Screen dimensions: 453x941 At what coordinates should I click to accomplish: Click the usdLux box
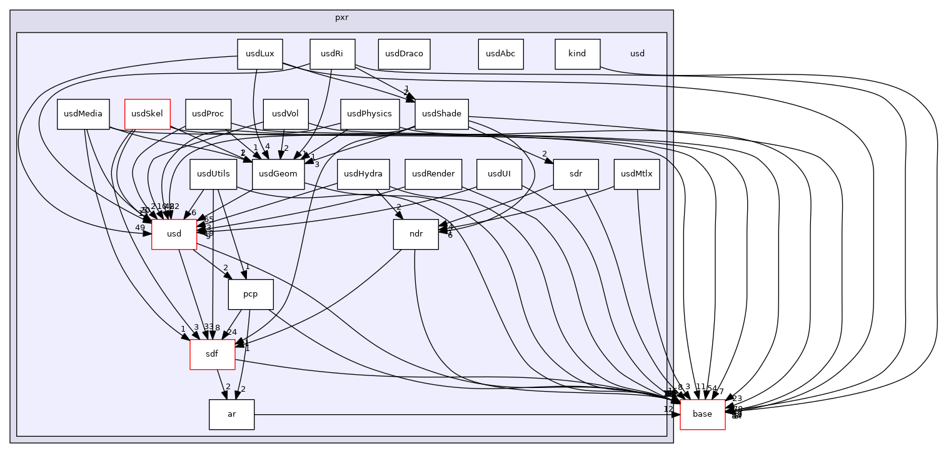(259, 54)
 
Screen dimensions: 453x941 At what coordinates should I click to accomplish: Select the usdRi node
(332, 54)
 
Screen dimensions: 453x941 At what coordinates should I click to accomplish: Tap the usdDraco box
(404, 54)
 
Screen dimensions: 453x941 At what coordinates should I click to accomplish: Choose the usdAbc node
(500, 54)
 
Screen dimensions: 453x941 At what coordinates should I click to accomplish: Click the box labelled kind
(577, 54)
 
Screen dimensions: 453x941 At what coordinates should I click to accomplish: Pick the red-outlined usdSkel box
(148, 114)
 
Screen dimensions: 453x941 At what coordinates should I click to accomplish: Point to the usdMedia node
(83, 114)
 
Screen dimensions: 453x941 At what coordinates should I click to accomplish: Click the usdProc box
(208, 114)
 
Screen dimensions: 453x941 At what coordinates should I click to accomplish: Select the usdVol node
(285, 114)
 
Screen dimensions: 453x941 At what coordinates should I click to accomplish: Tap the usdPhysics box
(370, 114)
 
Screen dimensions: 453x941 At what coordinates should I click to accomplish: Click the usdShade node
(441, 114)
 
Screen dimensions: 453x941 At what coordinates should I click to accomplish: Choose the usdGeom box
(278, 174)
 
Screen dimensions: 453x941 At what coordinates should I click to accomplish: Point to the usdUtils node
(213, 174)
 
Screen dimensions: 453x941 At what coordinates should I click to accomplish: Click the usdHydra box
(363, 174)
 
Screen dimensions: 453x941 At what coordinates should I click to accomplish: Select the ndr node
(416, 234)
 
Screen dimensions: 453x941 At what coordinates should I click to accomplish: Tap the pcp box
(251, 294)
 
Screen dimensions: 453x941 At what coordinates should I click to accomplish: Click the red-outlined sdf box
(213, 354)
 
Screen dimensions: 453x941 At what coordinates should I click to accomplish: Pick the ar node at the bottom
(231, 414)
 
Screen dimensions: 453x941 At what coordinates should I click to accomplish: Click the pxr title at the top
(341, 18)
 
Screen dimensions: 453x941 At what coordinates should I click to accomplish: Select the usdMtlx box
(637, 174)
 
